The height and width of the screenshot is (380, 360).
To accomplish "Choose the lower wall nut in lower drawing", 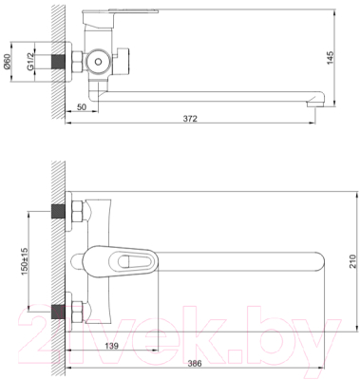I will tap(73, 310).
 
